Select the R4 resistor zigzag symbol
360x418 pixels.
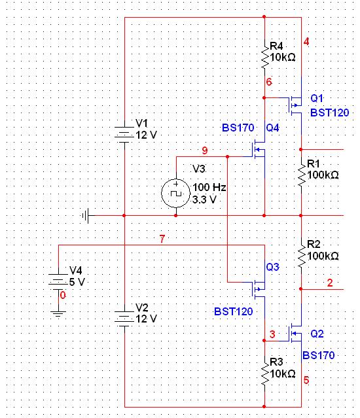coord(265,56)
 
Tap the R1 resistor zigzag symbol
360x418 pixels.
coord(302,175)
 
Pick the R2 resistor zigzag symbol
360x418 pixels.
coord(302,256)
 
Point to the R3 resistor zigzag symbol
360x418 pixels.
coord(265,374)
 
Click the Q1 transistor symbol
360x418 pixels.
coord(295,105)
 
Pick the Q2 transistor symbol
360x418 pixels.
coord(295,333)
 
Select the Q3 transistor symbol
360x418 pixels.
coord(259,289)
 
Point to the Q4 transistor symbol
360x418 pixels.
coord(259,150)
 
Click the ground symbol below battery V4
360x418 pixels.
coord(58,313)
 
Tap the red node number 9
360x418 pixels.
coord(205,150)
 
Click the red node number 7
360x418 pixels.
coord(162,239)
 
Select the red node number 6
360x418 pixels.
coord(269,82)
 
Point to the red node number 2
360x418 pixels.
coord(330,283)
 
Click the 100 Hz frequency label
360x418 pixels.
coord(209,187)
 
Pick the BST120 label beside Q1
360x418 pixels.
coord(330,113)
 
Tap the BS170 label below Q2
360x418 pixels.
coord(318,355)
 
